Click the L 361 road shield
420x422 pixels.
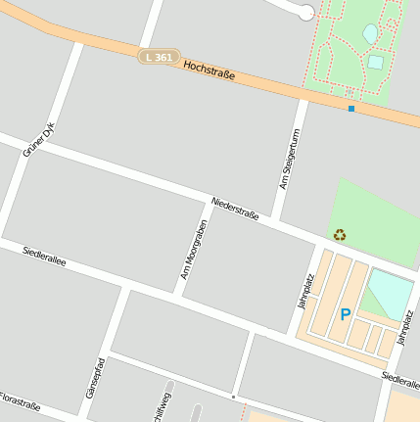pos(159,58)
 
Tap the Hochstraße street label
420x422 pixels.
pos(210,70)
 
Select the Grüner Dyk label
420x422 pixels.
pos(41,138)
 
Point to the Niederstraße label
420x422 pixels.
pos(235,209)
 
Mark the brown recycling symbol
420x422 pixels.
pos(339,235)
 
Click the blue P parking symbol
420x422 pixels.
pos(345,315)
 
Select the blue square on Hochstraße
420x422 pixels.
pos(350,108)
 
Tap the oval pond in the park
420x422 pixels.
pos(370,34)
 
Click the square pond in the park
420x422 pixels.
pos(376,62)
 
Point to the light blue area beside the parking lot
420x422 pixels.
pos(389,292)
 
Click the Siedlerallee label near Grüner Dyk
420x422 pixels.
pos(44,257)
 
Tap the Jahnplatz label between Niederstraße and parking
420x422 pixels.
pos(306,291)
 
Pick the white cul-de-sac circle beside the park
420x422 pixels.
pos(306,12)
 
